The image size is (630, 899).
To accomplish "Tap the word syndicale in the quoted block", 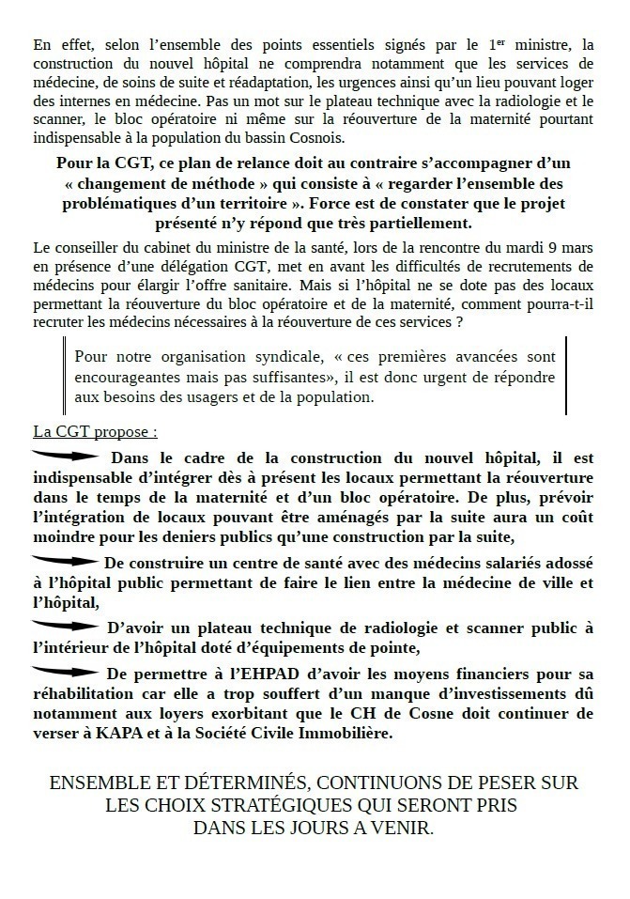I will click(x=276, y=357).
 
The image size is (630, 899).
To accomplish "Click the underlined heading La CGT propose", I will click(x=95, y=433).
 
